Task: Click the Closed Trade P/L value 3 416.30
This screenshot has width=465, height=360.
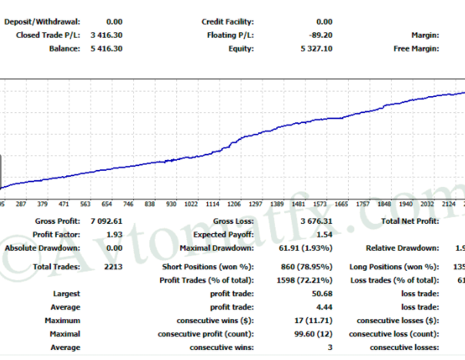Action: pos(106,35)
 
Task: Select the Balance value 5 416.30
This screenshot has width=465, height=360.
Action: pos(106,48)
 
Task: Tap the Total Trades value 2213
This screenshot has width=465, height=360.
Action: pos(112,266)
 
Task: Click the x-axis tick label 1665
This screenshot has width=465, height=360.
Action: pos(341,205)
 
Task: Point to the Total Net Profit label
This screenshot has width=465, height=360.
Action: pos(410,221)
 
